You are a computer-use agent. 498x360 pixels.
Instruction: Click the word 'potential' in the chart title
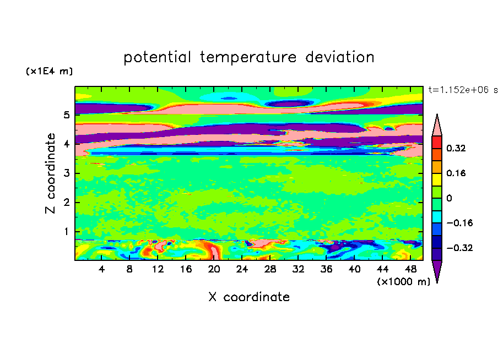click(x=157, y=58)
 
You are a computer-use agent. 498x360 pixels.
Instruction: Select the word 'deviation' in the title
click(x=340, y=57)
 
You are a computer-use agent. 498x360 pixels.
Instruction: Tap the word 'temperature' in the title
click(x=248, y=58)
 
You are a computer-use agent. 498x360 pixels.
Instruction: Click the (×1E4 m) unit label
click(x=49, y=71)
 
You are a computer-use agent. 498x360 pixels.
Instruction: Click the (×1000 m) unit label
click(x=403, y=281)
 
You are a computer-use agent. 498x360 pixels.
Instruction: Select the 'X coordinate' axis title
click(x=249, y=297)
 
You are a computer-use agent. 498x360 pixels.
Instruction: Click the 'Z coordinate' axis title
click(x=50, y=173)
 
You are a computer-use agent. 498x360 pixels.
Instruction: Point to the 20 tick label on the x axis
click(x=214, y=269)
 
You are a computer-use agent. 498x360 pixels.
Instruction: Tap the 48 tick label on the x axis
click(x=410, y=269)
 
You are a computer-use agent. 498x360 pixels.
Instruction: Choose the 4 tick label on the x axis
click(x=101, y=269)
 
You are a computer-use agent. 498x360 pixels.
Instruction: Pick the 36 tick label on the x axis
click(x=326, y=269)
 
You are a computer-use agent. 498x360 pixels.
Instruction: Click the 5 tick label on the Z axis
click(x=66, y=114)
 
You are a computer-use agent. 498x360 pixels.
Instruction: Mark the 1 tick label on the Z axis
click(x=66, y=232)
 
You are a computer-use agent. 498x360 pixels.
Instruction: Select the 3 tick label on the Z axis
click(x=66, y=173)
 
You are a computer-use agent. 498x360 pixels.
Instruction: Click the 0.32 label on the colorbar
click(x=456, y=148)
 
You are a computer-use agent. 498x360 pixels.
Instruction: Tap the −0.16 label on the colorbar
click(x=459, y=223)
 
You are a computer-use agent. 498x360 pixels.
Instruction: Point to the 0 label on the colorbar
click(x=449, y=198)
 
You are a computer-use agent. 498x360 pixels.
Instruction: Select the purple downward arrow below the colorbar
click(x=437, y=270)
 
